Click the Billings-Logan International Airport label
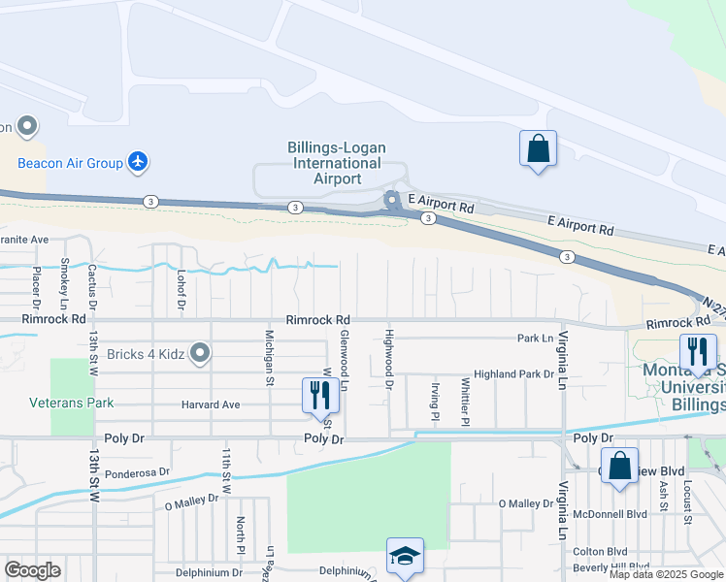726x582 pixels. pyautogui.click(x=336, y=163)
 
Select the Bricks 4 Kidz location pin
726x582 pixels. pyautogui.click(x=201, y=352)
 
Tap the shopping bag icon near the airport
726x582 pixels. pyautogui.click(x=538, y=149)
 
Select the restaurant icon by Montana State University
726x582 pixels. pyautogui.click(x=698, y=352)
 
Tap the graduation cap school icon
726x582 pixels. pyautogui.click(x=405, y=556)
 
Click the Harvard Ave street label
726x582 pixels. pyautogui.click(x=210, y=404)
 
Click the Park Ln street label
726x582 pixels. pyautogui.click(x=535, y=339)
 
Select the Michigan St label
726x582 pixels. pyautogui.click(x=269, y=357)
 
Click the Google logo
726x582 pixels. pyautogui.click(x=32, y=569)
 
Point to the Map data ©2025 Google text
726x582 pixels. pyautogui.click(x=665, y=573)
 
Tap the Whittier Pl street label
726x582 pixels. pyautogui.click(x=466, y=400)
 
